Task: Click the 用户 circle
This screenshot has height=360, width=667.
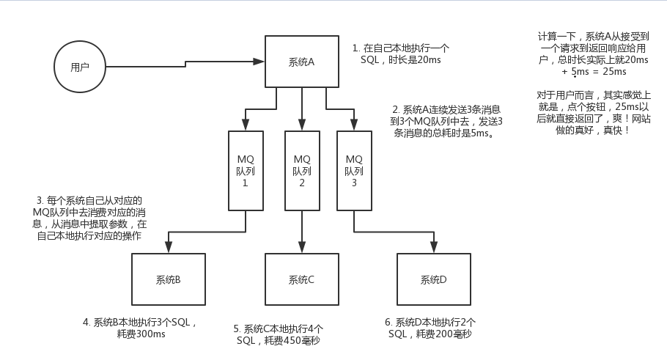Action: [81, 67]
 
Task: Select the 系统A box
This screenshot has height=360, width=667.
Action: [301, 62]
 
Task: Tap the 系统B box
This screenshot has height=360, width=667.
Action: [169, 279]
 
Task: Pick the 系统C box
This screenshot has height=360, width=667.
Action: [301, 279]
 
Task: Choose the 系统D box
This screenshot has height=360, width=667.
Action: [433, 279]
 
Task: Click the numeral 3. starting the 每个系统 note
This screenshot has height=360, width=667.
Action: [41, 200]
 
